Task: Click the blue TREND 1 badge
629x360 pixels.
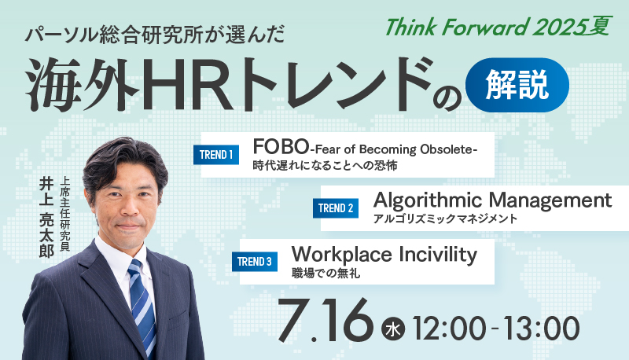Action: point(215,155)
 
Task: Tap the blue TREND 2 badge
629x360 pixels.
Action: point(336,208)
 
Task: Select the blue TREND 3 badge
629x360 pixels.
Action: point(254,262)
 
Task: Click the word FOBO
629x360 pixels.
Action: point(281,147)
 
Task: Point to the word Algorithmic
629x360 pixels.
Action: point(428,201)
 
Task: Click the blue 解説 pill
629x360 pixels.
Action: point(517,85)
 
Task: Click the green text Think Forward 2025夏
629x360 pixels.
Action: point(498,27)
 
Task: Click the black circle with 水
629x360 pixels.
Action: point(393,329)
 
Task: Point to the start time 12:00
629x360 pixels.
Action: point(449,329)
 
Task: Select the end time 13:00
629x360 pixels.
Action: point(542,329)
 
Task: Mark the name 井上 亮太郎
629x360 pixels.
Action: point(46,218)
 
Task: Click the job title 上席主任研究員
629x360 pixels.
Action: point(64,214)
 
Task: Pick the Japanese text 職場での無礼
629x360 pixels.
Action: point(326,274)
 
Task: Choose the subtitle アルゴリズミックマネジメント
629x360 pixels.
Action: point(445,219)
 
